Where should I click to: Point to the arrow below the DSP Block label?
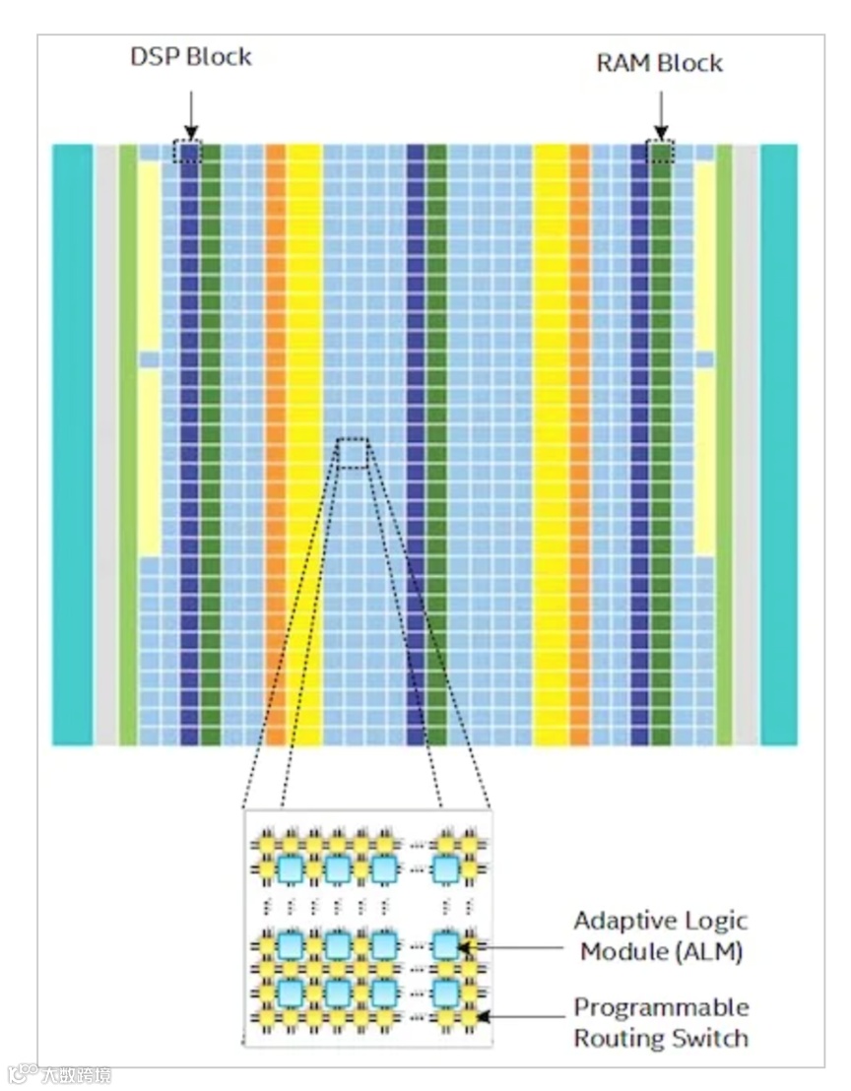pyautogui.click(x=190, y=112)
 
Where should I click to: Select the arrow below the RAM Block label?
pyautogui.click(x=661, y=113)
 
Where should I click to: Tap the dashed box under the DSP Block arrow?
pyautogui.click(x=187, y=152)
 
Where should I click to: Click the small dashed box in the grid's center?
pyautogui.click(x=354, y=450)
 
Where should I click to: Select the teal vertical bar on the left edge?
pyautogui.click(x=72, y=443)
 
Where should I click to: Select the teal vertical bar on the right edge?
pyautogui.click(x=778, y=443)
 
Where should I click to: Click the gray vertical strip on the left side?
pyautogui.click(x=105, y=443)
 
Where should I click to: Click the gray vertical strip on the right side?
pyautogui.click(x=746, y=443)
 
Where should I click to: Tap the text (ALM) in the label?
pyautogui.click(x=711, y=952)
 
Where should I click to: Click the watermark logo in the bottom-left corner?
pyautogui.click(x=22, y=1072)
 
